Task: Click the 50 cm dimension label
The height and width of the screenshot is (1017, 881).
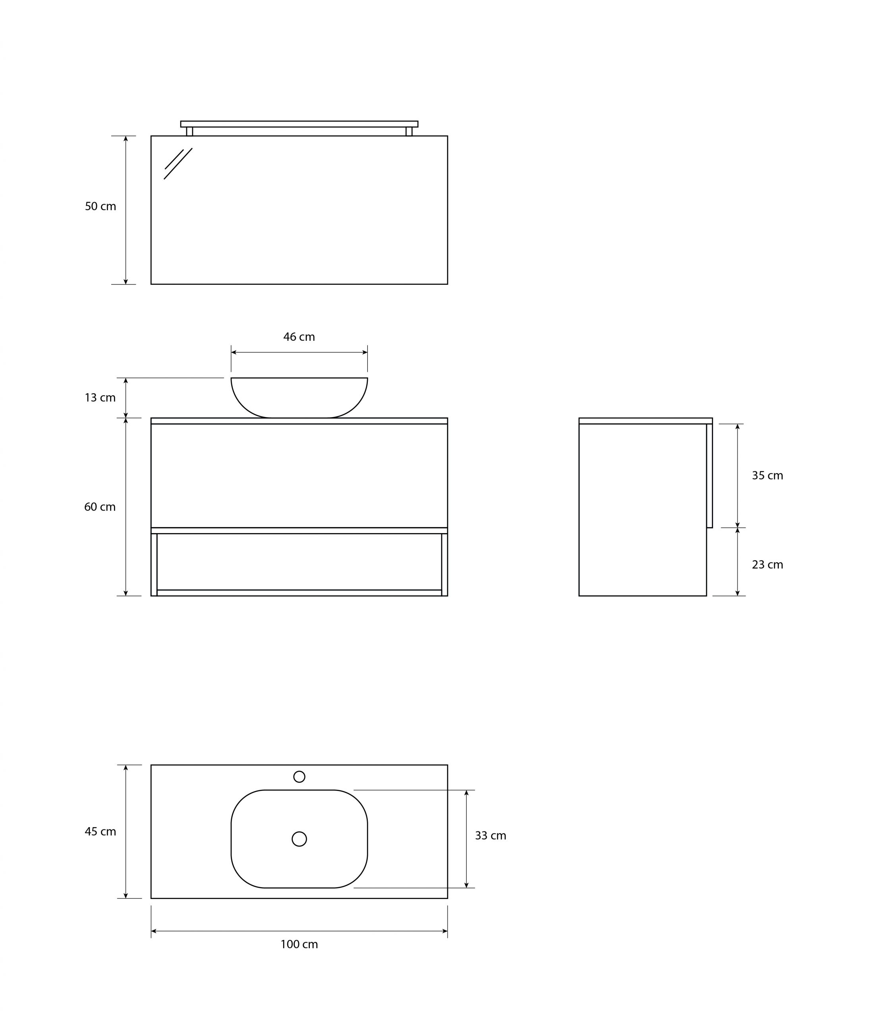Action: click(100, 207)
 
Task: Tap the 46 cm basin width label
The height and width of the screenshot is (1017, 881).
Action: click(299, 337)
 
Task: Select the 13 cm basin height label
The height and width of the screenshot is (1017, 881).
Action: click(100, 397)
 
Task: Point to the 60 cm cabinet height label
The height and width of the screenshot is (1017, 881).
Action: click(100, 507)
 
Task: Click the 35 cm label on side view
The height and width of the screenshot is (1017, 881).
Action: click(767, 476)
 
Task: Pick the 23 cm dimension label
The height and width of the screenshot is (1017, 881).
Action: click(767, 565)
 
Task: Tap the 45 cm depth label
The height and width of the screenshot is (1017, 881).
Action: click(100, 831)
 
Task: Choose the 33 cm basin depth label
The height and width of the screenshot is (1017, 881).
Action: click(491, 835)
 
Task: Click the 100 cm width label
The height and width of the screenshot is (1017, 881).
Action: click(299, 944)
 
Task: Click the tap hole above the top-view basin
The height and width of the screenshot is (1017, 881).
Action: click(299, 777)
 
